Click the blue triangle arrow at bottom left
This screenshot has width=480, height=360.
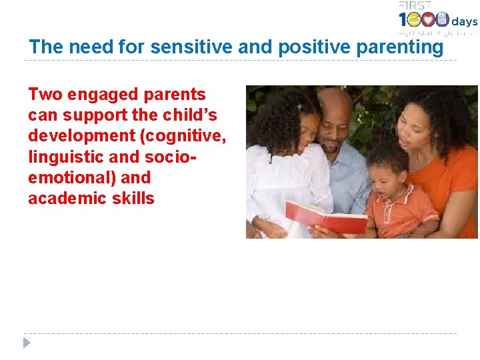click(x=27, y=343)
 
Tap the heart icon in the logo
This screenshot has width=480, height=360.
click(x=429, y=20)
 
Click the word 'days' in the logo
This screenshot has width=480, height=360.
click(x=465, y=21)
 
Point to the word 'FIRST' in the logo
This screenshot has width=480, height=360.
click(x=414, y=5)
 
